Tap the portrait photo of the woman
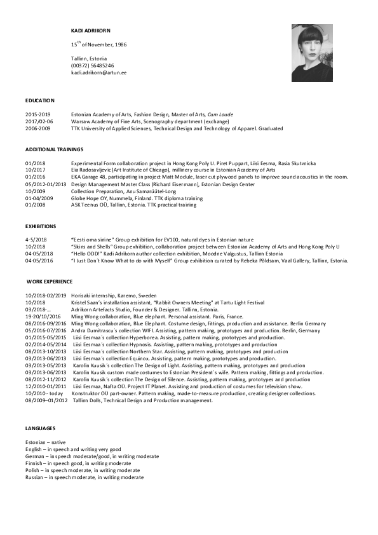coord(312,53)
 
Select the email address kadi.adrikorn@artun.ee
coord(98,72)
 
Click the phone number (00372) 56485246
coord(92,65)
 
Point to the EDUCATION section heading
coord(40,100)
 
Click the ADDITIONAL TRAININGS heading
coord(54,149)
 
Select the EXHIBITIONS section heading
coord(41,226)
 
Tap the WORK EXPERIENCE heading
coord(50,281)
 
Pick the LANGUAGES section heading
coord(40,429)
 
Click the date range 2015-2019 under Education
coord(37,115)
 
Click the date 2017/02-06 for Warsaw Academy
coord(39,121)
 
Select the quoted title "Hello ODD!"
coord(89,253)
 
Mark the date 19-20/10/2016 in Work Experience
coord(43,316)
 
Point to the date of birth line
coord(98,45)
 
